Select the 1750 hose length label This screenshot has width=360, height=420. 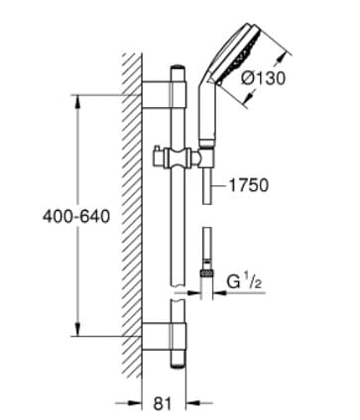click(x=249, y=184)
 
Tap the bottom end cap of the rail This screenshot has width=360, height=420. click(x=180, y=356)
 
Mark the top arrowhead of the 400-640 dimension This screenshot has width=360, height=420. click(x=76, y=99)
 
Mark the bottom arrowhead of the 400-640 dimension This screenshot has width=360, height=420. click(x=76, y=332)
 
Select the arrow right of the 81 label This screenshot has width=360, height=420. click(x=199, y=403)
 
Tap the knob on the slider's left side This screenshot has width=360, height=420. click(x=160, y=155)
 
